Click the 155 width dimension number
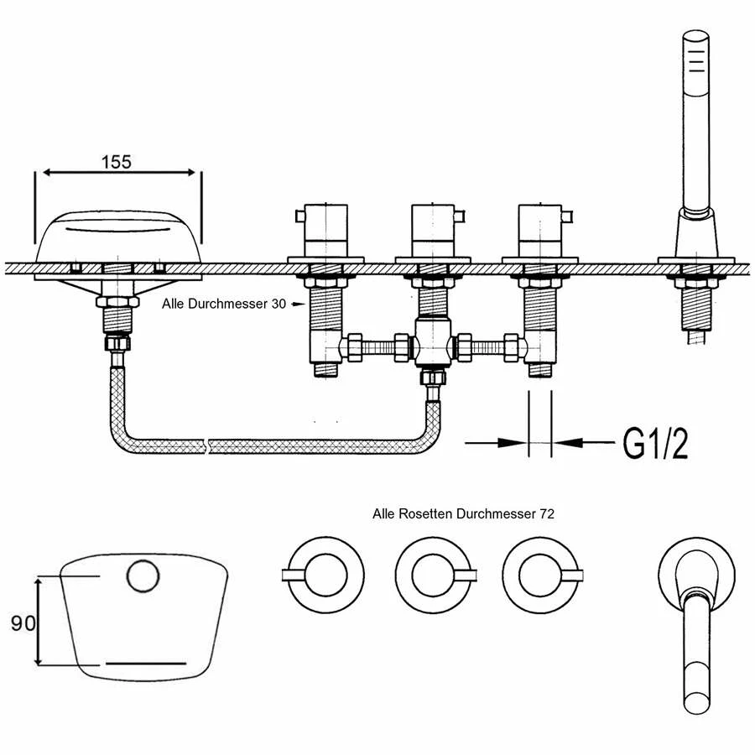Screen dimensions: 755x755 pyautogui.click(x=117, y=163)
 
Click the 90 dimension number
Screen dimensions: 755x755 pyautogui.click(x=23, y=622)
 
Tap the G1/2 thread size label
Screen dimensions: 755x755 pyautogui.click(x=655, y=442)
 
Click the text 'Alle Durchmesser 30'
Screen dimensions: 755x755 pyautogui.click(x=223, y=305)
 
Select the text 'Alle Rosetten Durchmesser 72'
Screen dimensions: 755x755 pyautogui.click(x=463, y=513)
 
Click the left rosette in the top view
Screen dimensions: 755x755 pyautogui.click(x=324, y=575)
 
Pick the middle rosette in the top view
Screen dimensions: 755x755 pyautogui.click(x=433, y=575)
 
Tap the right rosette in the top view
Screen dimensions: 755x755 pyautogui.click(x=541, y=575)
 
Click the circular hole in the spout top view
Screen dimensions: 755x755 pyautogui.click(x=143, y=576)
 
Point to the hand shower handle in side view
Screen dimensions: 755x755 pyautogui.click(x=695, y=117)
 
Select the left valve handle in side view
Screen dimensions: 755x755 pyautogui.click(x=324, y=228)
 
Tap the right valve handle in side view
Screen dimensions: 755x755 pyautogui.click(x=541, y=228)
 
